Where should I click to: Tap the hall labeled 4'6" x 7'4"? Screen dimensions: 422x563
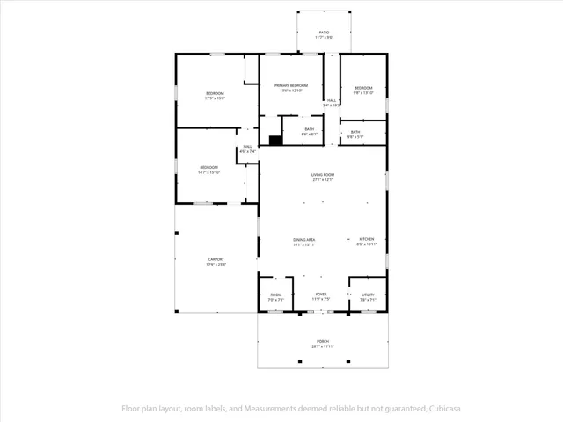[x=247, y=149]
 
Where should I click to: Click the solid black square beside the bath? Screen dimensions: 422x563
[x=274, y=140]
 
